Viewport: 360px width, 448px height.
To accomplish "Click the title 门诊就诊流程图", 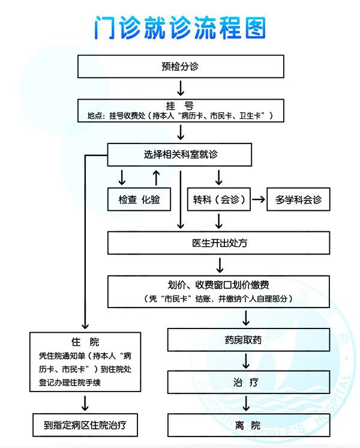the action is point(180,28).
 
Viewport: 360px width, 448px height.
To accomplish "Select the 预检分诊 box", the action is point(181,66).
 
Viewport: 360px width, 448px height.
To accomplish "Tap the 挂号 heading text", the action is point(180,106).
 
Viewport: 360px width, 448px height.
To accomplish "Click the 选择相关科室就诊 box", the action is point(179,154).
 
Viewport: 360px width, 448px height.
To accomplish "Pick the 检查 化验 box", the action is point(139,199).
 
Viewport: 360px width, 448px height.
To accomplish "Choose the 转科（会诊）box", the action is point(218,199).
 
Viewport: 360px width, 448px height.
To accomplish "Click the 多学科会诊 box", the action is point(298,199).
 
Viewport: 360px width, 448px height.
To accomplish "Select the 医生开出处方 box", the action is point(218,243).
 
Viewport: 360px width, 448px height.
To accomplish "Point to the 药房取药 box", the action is point(248,340).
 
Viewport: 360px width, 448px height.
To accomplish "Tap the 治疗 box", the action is point(248,382).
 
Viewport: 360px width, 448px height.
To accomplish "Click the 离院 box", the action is point(248,425).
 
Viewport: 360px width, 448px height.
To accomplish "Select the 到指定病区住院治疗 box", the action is point(85,425).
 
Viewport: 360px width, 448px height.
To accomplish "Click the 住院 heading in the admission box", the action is point(85,342).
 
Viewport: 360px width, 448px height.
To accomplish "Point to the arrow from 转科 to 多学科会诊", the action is point(259,199).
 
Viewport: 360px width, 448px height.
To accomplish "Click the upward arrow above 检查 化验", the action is point(156,178).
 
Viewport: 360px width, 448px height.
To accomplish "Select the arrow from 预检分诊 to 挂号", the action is point(181,88).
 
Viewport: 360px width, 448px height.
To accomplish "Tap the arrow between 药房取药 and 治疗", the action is point(246,361).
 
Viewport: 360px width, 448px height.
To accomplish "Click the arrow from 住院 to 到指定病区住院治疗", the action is point(85,403).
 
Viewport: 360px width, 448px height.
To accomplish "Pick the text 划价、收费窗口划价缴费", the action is point(218,285).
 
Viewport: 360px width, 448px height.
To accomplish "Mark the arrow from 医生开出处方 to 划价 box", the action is point(220,265).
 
